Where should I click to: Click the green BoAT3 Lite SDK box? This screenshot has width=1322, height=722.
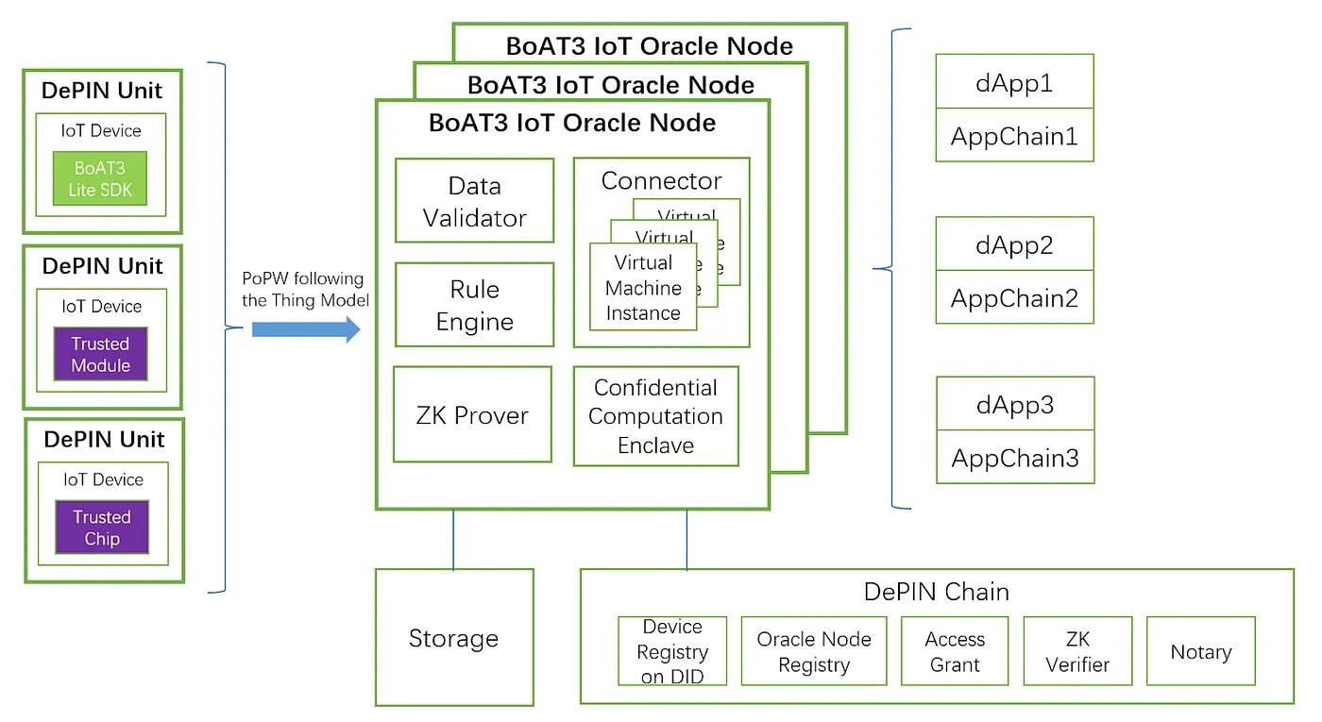(x=101, y=179)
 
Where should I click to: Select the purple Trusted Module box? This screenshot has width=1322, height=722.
(x=101, y=354)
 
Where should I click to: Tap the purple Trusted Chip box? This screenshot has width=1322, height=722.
(x=102, y=528)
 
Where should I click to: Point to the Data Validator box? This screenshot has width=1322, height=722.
(x=474, y=201)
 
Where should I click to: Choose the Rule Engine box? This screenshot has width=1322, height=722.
(x=474, y=305)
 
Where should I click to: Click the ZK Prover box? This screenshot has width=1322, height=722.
(x=472, y=415)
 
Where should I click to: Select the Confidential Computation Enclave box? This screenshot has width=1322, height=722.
(x=655, y=416)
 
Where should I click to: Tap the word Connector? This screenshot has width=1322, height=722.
(x=661, y=180)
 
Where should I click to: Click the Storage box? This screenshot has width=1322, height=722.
(x=454, y=638)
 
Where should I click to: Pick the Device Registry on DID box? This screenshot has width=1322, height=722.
(x=672, y=651)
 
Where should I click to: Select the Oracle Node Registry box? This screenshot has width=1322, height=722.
(x=814, y=651)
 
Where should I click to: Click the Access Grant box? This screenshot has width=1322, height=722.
(x=955, y=651)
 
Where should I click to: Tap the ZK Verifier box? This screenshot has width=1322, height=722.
(x=1077, y=651)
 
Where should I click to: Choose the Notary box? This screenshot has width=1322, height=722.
(x=1200, y=651)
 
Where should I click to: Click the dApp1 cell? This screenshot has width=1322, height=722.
(x=1014, y=82)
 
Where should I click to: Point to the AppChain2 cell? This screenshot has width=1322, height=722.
(x=1014, y=298)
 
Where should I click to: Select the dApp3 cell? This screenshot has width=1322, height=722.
(x=1014, y=405)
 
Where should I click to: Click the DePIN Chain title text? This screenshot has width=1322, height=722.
(x=936, y=592)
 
